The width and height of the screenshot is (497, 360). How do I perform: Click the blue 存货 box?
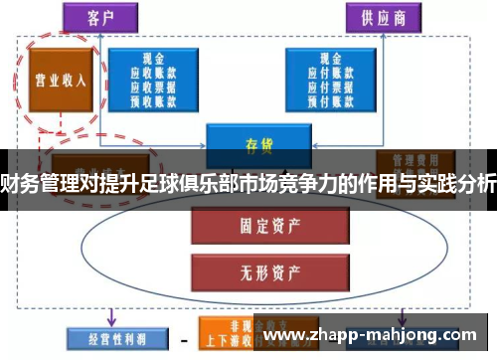(252, 142)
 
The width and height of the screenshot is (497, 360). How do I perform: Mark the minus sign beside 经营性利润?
(182, 338)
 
